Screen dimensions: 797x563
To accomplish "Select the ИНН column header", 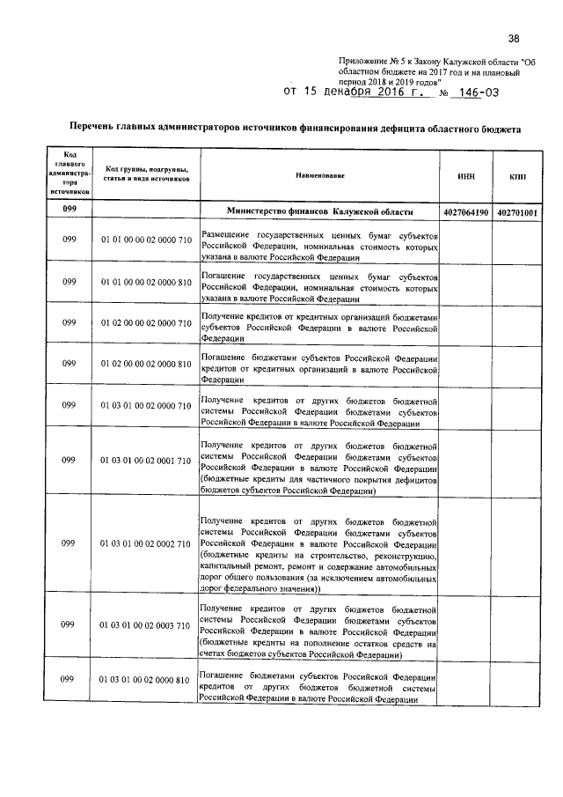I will (466, 176).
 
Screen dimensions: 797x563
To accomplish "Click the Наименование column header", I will (320, 176).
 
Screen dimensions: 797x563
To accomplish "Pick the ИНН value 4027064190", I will (466, 212).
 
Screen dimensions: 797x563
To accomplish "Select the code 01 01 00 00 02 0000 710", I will (145, 240).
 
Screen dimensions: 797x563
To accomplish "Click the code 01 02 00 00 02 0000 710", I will (145, 324).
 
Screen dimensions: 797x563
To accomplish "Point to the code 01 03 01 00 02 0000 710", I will (145, 407).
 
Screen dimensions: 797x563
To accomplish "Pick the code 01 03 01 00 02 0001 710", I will (145, 461).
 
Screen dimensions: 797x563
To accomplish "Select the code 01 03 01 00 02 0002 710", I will (145, 545).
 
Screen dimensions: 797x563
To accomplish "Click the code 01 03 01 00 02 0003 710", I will (145, 626).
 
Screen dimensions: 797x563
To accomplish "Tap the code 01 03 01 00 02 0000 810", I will (145, 681).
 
